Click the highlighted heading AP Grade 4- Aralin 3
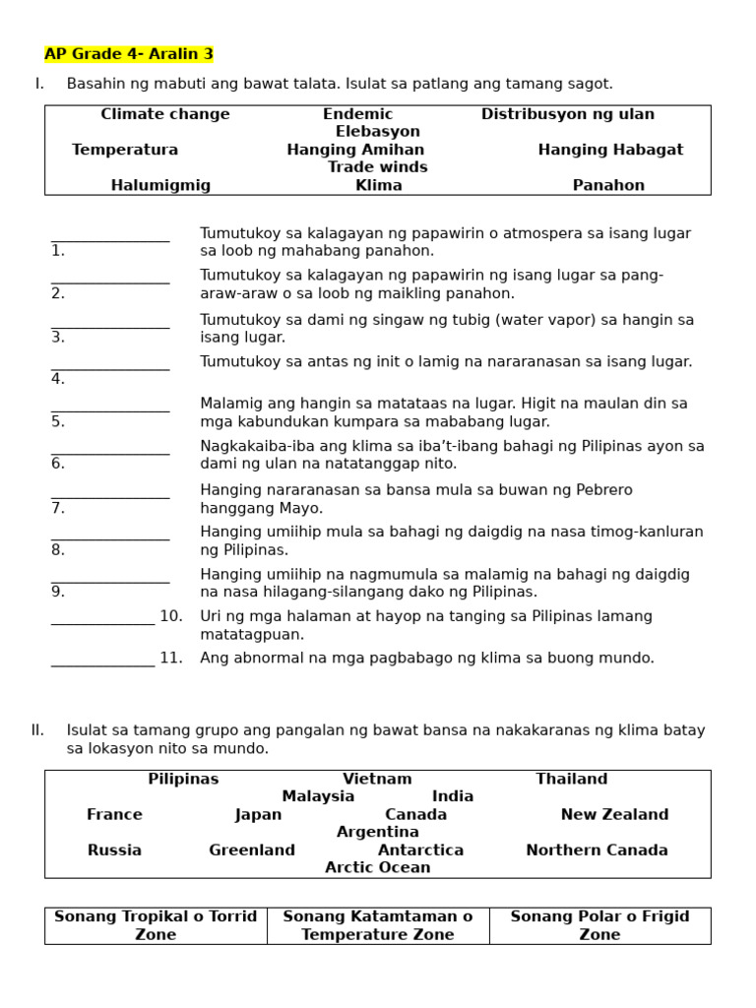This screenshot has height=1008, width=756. (x=129, y=54)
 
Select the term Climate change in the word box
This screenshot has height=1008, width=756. (x=165, y=114)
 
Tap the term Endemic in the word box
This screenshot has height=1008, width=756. (x=357, y=114)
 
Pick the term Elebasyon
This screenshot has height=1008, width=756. (x=377, y=132)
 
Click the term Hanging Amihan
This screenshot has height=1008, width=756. (x=355, y=150)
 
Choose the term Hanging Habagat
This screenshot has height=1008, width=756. (x=610, y=150)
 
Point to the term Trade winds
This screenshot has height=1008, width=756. (x=377, y=167)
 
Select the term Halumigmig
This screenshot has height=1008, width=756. (x=160, y=185)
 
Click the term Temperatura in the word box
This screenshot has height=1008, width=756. (x=125, y=150)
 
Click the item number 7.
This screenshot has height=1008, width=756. (x=58, y=509)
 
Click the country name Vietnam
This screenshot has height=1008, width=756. (x=377, y=779)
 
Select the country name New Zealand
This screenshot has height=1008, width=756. (x=614, y=814)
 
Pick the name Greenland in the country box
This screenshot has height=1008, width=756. (x=252, y=850)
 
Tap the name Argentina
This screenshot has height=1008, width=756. (x=377, y=832)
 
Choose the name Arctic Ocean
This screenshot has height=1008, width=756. (x=377, y=867)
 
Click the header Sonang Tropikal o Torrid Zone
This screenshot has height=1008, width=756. (x=156, y=925)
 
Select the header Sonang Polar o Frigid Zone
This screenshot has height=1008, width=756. (x=599, y=925)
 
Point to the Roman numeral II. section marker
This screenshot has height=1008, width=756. (x=37, y=730)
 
